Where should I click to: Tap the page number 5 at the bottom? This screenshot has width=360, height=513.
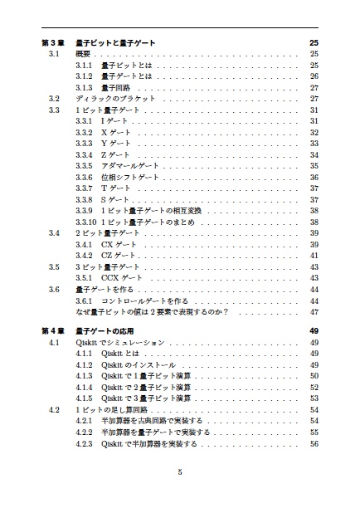coord(180,473)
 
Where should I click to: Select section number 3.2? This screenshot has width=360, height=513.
coord(54,99)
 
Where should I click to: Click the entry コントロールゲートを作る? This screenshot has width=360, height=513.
coord(149,300)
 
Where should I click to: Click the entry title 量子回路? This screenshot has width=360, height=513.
coord(119,87)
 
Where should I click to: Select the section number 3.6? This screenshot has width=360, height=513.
coord(54,289)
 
